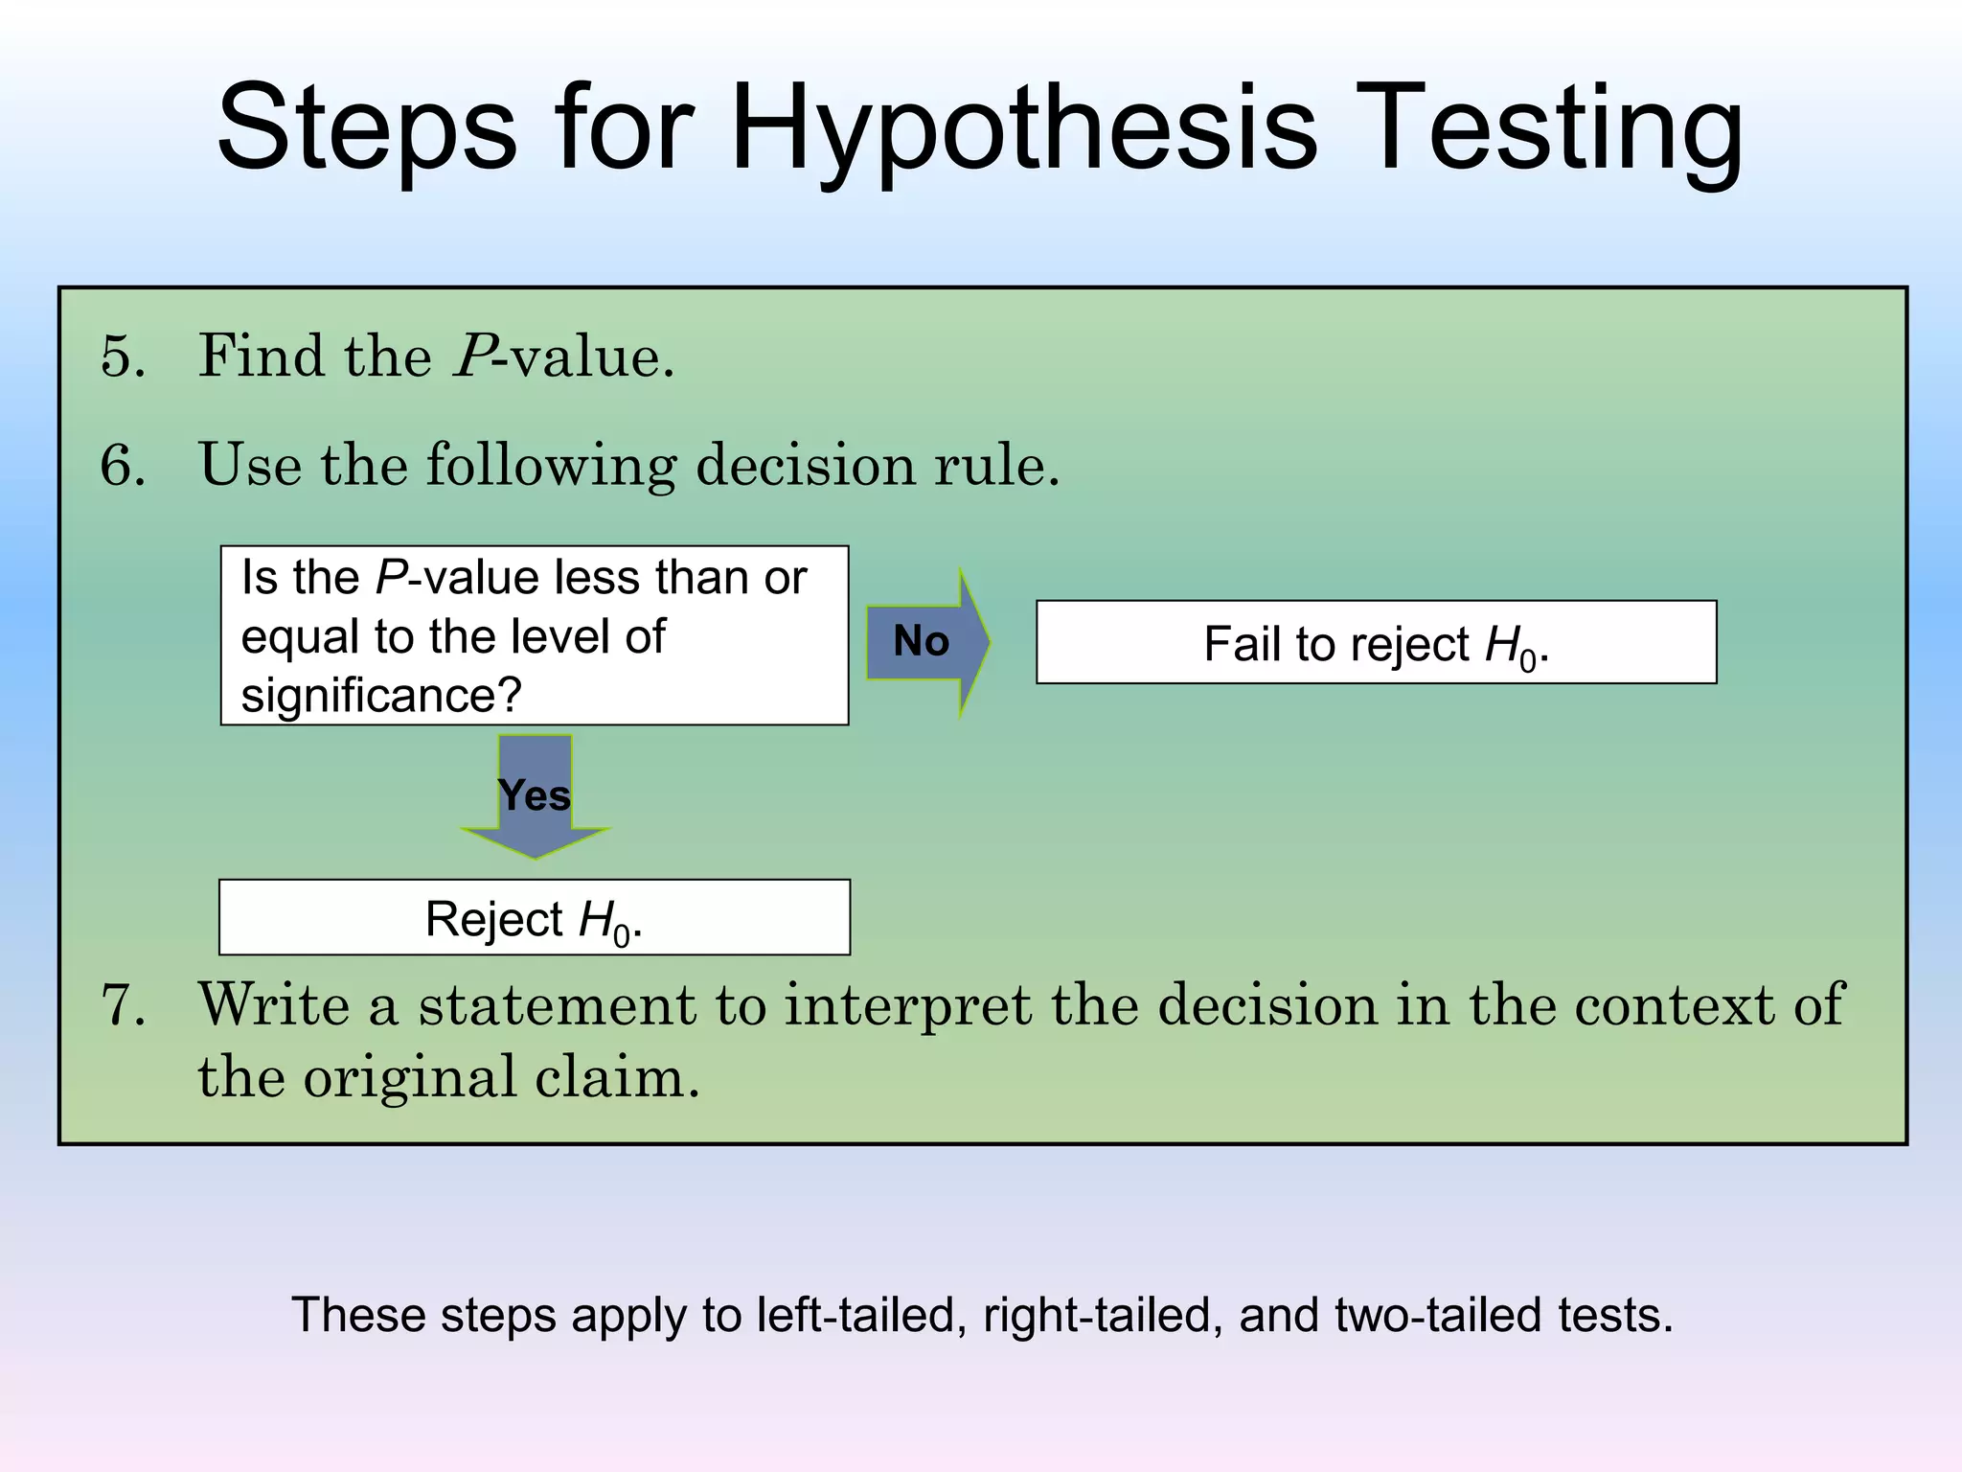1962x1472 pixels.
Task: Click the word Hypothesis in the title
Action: click(1023, 129)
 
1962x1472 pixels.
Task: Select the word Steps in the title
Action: click(367, 129)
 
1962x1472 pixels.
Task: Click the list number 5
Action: click(124, 356)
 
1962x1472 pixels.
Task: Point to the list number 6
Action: click(124, 466)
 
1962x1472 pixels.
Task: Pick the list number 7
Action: click(124, 1006)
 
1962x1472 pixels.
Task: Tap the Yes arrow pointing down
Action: click(535, 796)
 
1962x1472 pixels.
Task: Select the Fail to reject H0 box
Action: click(1376, 642)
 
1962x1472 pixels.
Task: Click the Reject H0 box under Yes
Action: click(534, 917)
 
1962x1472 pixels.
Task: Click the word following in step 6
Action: click(550, 466)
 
